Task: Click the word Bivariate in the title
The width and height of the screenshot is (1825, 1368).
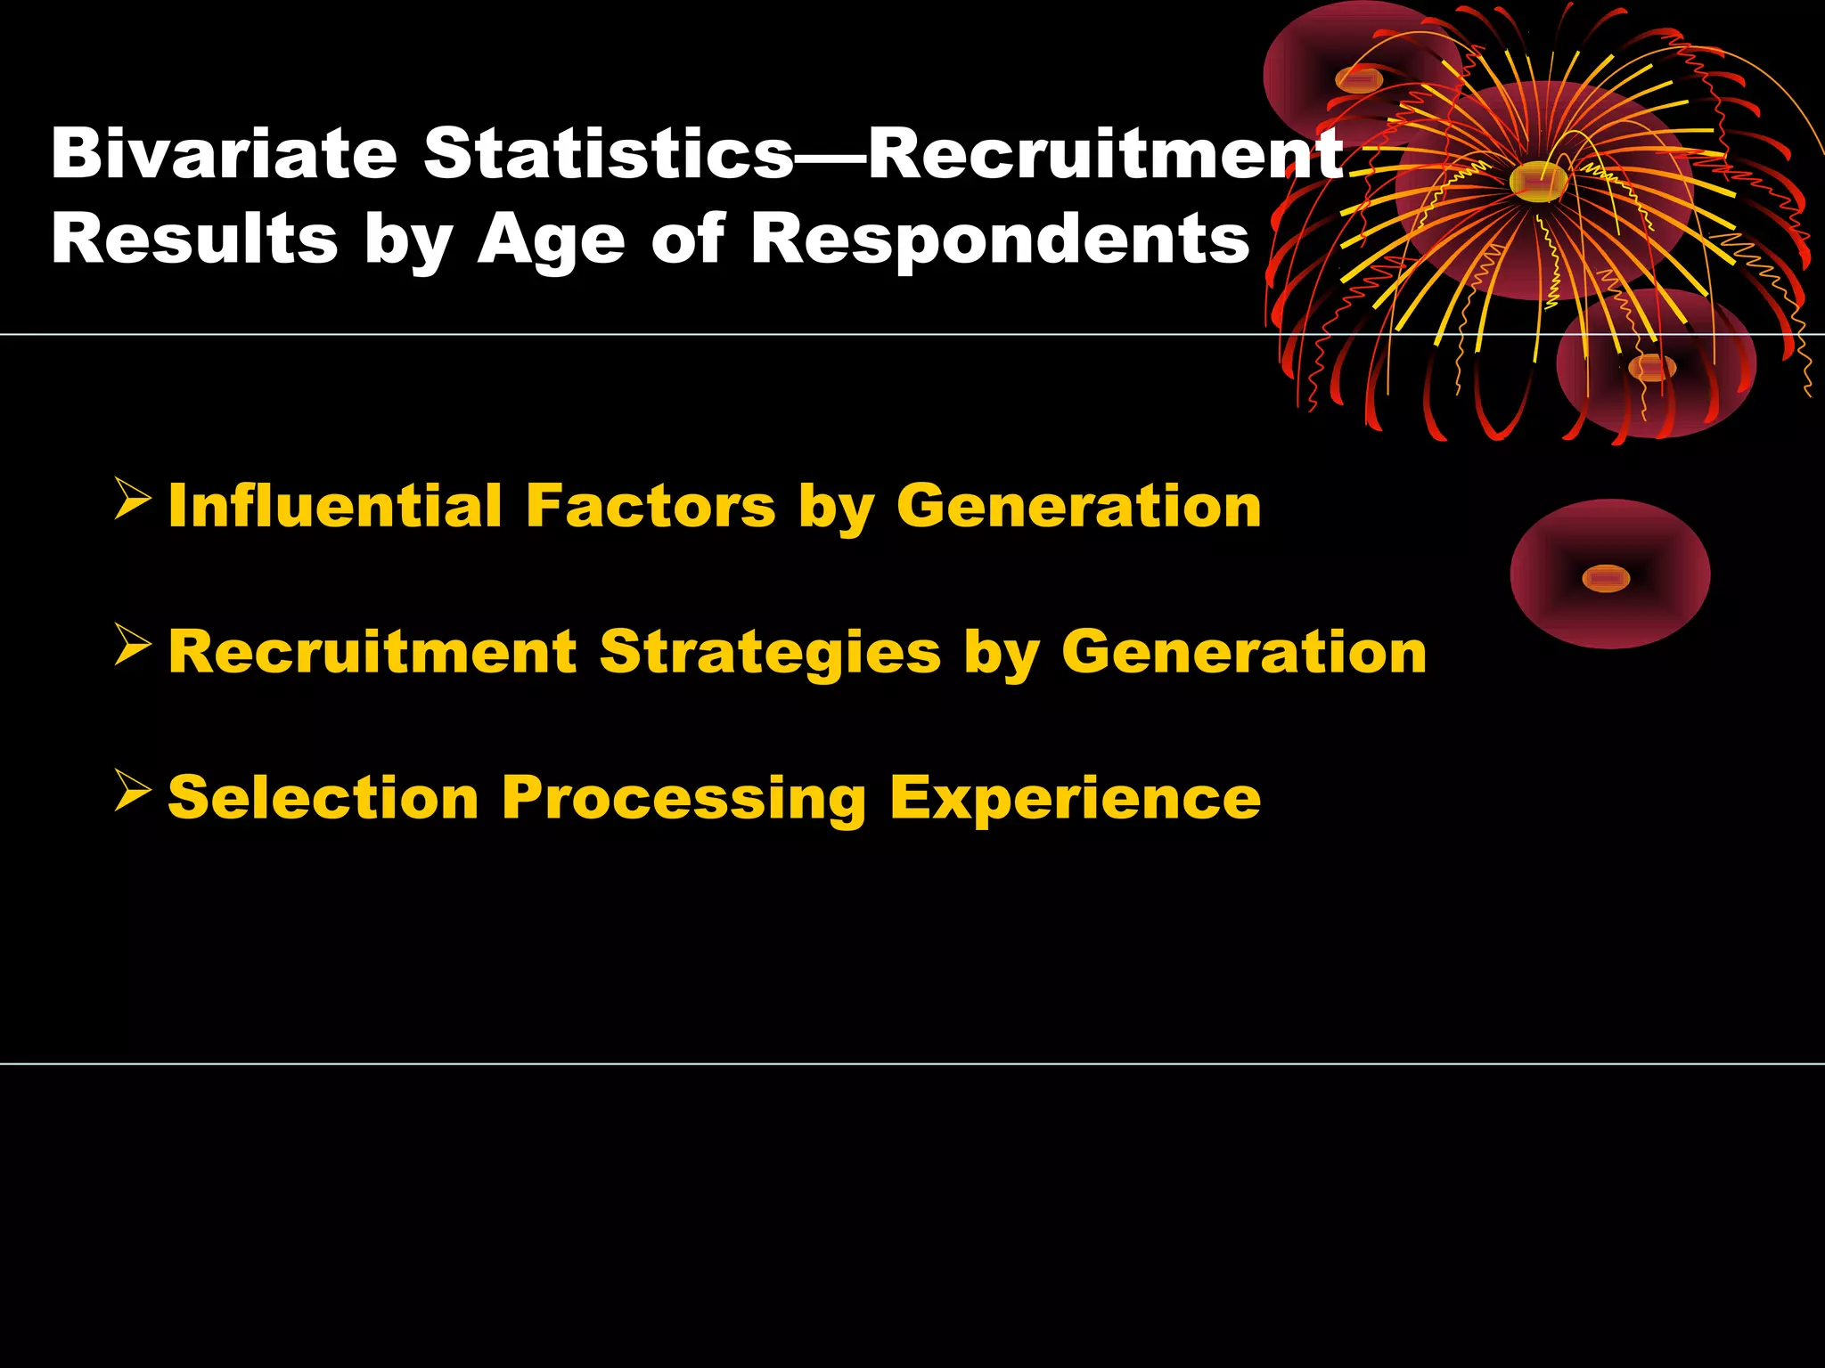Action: [x=224, y=154]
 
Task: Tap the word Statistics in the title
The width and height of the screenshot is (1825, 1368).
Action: [x=608, y=154]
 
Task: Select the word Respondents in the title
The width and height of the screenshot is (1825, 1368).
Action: [x=1000, y=240]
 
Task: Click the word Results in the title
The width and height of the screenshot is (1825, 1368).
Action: [x=194, y=240]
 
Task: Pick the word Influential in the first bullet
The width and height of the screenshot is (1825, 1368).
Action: [x=335, y=506]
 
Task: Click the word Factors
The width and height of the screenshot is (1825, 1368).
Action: [x=651, y=506]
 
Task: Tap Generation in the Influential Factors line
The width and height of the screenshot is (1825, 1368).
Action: [x=1078, y=506]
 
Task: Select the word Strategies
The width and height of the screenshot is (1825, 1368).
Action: [x=770, y=653]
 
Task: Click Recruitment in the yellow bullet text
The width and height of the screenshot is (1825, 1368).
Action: [x=372, y=653]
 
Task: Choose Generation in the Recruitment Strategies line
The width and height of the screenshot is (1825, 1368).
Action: [x=1244, y=653]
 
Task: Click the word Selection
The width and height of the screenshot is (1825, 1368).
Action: [x=323, y=797]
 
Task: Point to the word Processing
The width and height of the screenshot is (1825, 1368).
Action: [x=683, y=799]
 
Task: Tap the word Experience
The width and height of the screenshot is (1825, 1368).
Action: [x=1075, y=799]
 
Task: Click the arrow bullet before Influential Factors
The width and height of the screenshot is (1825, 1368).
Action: [x=132, y=500]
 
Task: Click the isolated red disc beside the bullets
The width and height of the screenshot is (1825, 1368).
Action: [x=1609, y=574]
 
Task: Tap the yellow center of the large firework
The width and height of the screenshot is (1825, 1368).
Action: [x=1539, y=181]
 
